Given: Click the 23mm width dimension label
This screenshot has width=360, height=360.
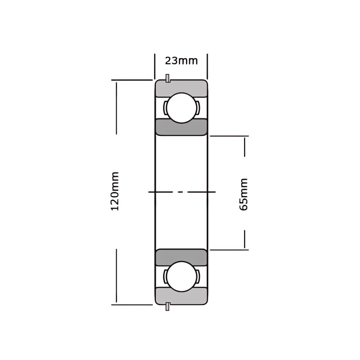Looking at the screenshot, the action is point(181,61).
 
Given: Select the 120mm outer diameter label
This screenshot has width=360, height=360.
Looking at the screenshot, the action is point(115,191).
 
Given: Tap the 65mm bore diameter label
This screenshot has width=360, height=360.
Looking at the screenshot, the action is point(243,194).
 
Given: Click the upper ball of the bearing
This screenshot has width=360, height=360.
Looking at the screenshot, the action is point(182,108).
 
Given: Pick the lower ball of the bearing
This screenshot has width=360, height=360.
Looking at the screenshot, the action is point(182,276).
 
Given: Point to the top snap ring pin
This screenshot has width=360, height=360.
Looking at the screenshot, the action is point(168,78).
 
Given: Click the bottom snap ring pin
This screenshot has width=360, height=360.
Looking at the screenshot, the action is point(168,306).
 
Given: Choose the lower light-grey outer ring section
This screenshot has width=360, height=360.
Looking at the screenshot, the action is point(181,296).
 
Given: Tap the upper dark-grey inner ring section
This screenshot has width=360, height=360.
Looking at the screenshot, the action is point(181,127).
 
